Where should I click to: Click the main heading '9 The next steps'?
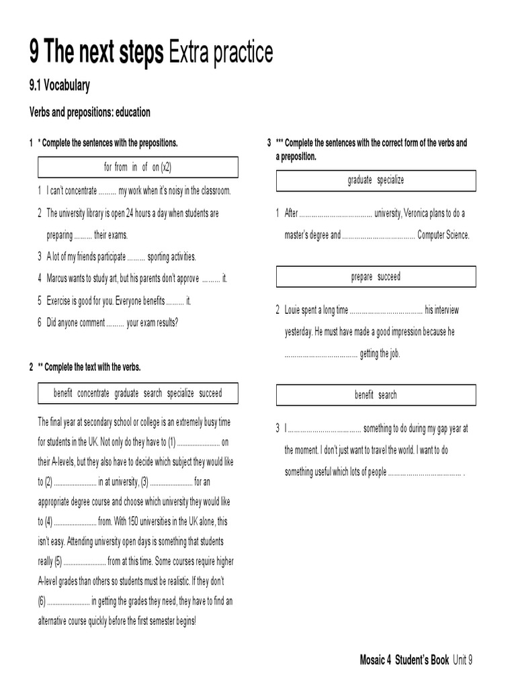tap(96, 52)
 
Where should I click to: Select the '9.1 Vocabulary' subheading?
tap(60, 85)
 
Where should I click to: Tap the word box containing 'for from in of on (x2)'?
tap(138, 167)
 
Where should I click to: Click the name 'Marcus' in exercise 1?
tap(58, 278)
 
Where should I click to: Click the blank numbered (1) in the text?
tap(199, 442)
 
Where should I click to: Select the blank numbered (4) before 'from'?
tap(75, 521)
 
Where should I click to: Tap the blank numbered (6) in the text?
tap(69, 601)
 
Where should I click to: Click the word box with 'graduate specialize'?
tap(376, 180)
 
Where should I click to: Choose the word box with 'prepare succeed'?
tap(376, 277)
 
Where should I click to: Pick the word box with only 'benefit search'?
tap(376, 395)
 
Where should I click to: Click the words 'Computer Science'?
tap(443, 235)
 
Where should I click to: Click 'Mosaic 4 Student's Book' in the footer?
tap(404, 660)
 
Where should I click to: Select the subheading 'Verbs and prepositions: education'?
tap(89, 112)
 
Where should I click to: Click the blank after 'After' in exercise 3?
tap(335, 214)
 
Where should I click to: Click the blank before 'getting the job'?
tap(320, 354)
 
